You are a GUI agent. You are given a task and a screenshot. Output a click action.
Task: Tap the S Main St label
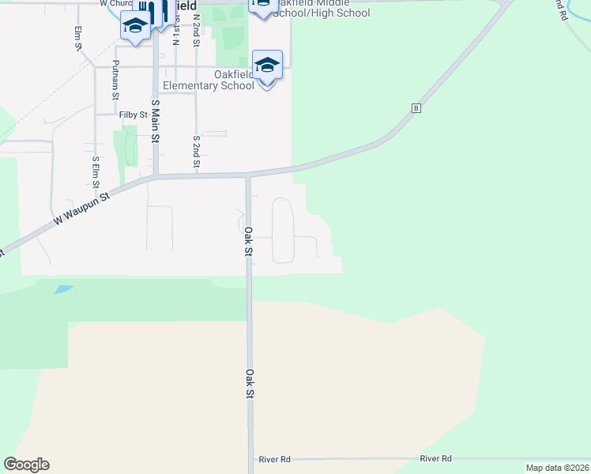(156, 121)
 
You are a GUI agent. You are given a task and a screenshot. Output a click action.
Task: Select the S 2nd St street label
(196, 152)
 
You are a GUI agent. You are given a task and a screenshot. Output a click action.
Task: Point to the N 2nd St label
(196, 29)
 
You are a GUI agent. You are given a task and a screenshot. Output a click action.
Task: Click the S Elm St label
(96, 172)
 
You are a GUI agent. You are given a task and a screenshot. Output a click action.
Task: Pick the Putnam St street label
(115, 79)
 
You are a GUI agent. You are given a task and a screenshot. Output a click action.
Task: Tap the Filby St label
(134, 115)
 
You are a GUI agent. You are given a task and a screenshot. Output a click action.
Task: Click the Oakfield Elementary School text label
(209, 81)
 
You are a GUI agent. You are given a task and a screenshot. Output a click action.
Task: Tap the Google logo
(26, 465)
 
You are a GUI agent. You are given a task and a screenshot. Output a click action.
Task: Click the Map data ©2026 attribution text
(557, 468)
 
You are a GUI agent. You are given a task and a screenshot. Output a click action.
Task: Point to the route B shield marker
(414, 107)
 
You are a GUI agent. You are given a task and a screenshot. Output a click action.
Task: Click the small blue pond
(63, 289)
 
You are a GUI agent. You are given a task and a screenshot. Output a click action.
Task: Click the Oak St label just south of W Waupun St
(247, 241)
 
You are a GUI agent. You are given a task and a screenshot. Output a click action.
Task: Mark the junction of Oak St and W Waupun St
(248, 175)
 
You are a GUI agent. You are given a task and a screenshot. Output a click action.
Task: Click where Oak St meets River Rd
(252, 459)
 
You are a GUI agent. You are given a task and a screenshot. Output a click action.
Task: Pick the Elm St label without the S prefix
(78, 38)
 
